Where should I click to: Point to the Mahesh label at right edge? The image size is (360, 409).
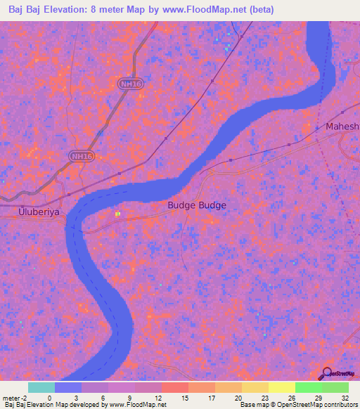[x=342, y=126]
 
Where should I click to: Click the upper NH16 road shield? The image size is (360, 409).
[x=127, y=84]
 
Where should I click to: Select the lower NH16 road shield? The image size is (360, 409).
[x=82, y=155]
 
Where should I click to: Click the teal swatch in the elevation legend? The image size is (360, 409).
[x=41, y=387]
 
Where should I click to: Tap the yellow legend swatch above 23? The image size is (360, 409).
[x=255, y=387]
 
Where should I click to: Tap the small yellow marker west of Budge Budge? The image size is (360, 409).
[x=117, y=213]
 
